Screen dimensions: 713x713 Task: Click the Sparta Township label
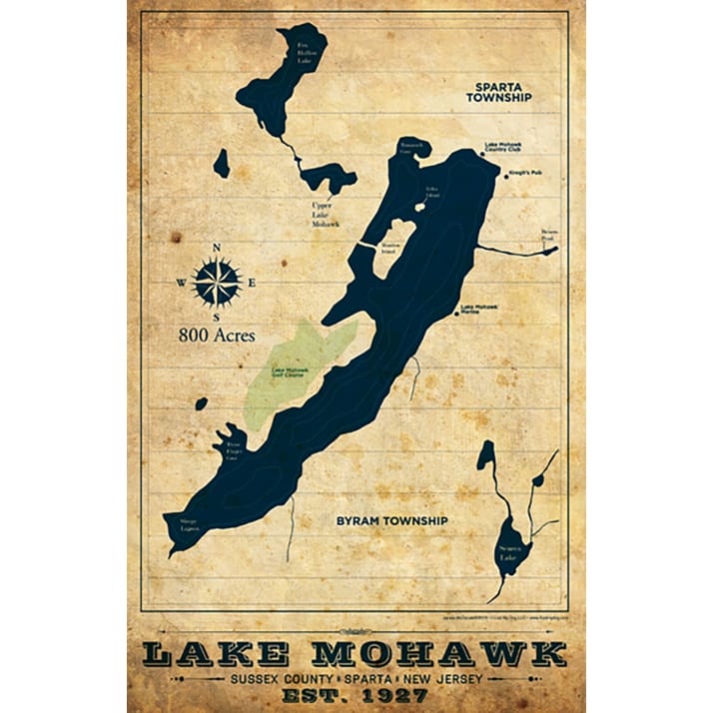498,93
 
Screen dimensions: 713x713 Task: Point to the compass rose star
217,282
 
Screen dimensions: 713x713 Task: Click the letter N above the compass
217,249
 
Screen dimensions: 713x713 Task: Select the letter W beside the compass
181,283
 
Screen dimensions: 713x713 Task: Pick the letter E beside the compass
253,283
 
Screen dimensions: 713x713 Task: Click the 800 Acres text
217,336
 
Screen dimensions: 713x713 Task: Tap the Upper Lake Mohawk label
326,215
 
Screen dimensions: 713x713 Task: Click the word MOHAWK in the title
438,654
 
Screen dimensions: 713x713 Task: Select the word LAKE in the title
218,654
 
